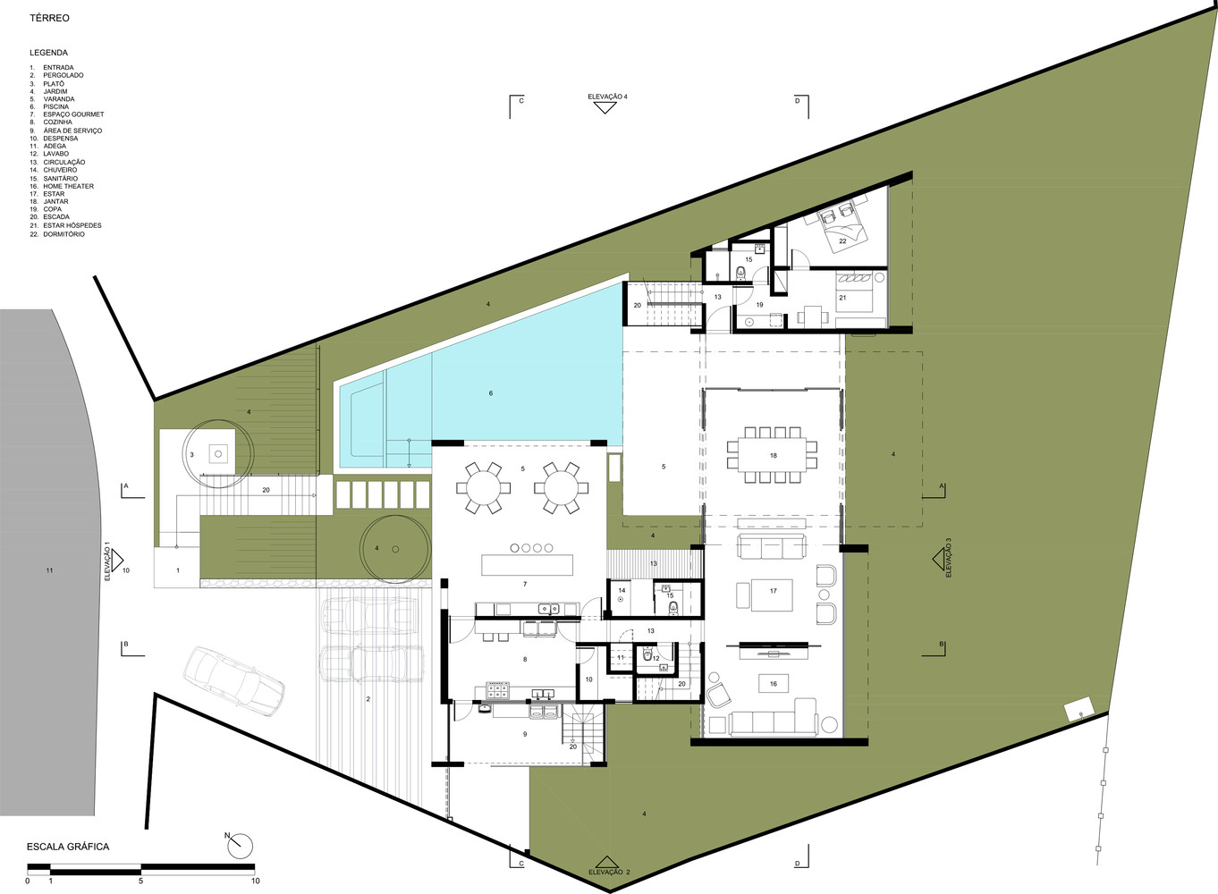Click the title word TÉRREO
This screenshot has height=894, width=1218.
(49, 18)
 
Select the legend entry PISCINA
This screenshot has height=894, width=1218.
(56, 106)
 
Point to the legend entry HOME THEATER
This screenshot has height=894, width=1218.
(69, 186)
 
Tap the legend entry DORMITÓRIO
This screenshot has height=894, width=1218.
(64, 234)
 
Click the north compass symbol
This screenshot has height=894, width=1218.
(240, 847)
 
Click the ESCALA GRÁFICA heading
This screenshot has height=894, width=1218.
(68, 847)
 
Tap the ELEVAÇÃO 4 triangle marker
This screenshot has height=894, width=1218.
(605, 107)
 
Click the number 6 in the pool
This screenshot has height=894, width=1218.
(490, 393)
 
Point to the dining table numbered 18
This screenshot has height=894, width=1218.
(772, 455)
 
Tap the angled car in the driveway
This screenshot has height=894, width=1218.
(234, 681)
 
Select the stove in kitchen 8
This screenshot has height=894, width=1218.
(497, 691)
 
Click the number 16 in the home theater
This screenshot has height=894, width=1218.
(774, 684)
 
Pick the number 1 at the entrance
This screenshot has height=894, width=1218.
(178, 570)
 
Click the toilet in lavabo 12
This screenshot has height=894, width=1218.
(647, 655)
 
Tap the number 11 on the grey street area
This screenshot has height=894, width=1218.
(49, 570)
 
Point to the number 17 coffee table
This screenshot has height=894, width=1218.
(772, 595)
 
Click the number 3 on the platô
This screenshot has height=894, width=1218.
(191, 455)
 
